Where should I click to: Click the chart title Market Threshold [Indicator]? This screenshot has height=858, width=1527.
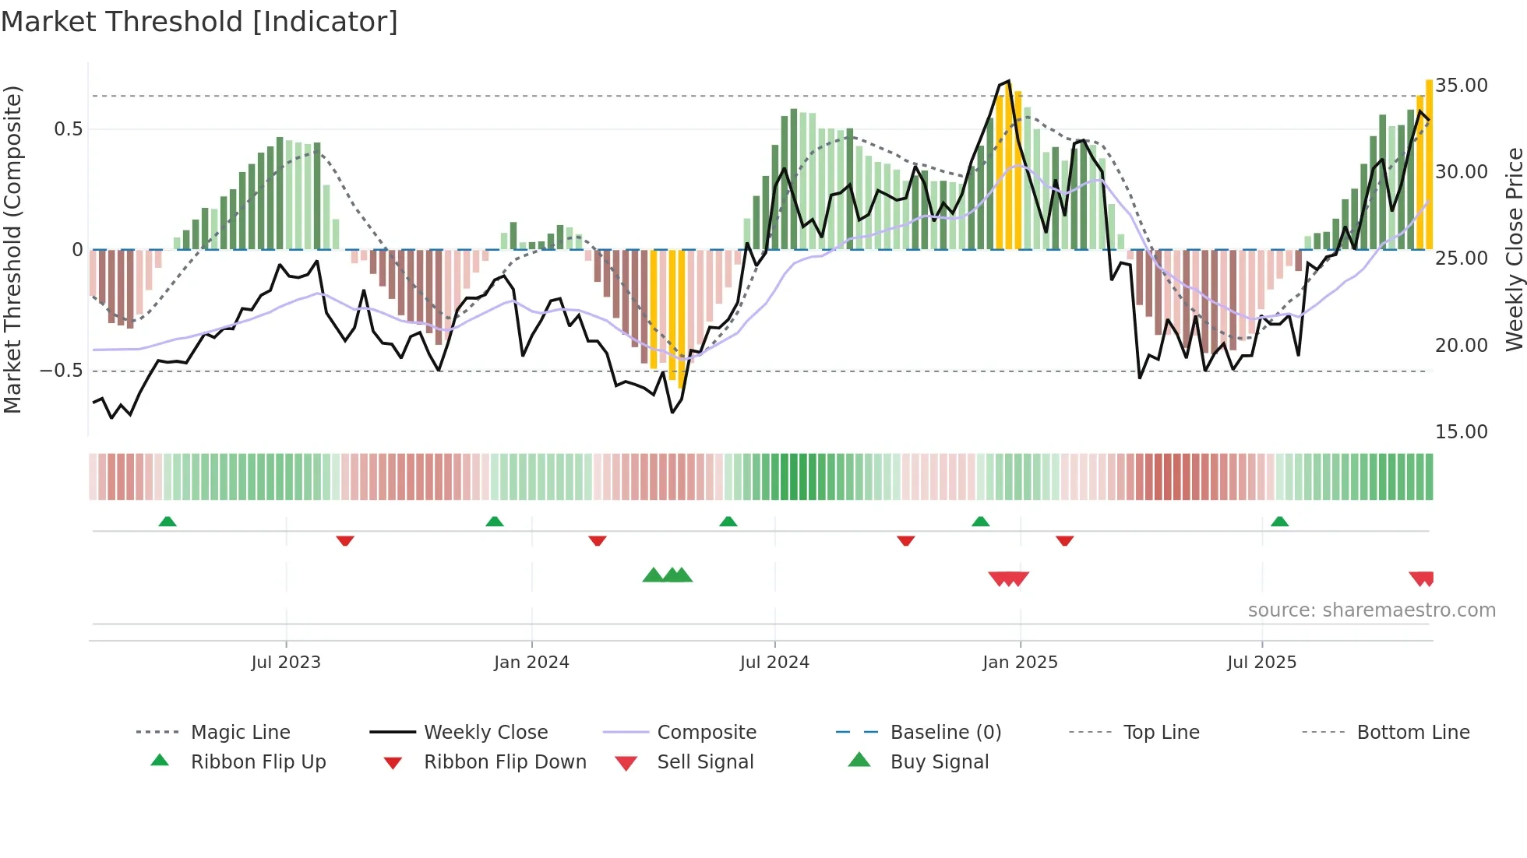199,22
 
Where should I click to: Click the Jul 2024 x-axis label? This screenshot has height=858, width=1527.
774,662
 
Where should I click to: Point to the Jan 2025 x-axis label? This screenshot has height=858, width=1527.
1020,662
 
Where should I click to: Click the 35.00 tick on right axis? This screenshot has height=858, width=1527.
1461,85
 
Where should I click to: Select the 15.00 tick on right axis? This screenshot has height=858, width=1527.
1461,431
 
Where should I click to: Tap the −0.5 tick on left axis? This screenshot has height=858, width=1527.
62,371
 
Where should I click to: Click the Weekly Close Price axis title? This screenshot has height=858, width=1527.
1514,249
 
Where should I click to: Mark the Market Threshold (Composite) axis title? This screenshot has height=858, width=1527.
12,249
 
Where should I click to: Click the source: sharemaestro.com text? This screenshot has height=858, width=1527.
1371,610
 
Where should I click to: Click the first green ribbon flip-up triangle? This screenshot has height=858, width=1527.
168,521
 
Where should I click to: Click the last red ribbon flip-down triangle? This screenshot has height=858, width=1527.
1065,540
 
